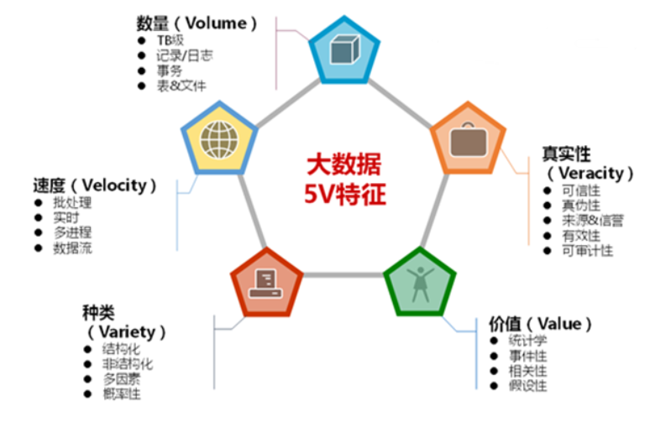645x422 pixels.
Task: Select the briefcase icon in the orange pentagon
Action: pos(468,139)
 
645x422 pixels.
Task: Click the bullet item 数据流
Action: pos(72,248)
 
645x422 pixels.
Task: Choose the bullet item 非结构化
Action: pos(128,364)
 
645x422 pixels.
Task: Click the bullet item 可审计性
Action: pos(587,250)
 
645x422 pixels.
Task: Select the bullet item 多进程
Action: pos(72,232)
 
